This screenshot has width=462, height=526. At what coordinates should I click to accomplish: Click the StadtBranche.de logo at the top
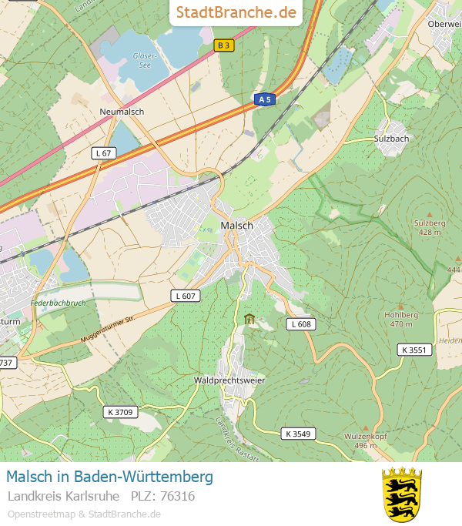pyautogui.click(x=236, y=12)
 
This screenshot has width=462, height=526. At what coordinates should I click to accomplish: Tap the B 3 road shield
pyautogui.click(x=223, y=45)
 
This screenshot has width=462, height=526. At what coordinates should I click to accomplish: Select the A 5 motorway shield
pyautogui.click(x=265, y=99)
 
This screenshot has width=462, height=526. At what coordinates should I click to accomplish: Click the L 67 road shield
pyautogui.click(x=103, y=153)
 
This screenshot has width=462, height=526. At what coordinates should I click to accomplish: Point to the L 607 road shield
pyautogui.click(x=186, y=296)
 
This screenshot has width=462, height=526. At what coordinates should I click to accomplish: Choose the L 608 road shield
pyautogui.click(x=301, y=324)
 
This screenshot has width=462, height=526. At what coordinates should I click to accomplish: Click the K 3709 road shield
pyautogui.click(x=119, y=412)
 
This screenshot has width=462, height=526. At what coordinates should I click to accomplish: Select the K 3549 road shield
pyautogui.click(x=297, y=434)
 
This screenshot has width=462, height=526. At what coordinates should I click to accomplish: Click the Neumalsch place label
pyautogui.click(x=122, y=112)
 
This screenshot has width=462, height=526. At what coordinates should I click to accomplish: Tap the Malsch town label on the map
pyautogui.click(x=236, y=225)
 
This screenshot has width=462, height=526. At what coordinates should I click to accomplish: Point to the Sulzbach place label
pyautogui.click(x=391, y=139)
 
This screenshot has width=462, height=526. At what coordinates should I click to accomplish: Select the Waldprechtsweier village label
pyautogui.click(x=229, y=380)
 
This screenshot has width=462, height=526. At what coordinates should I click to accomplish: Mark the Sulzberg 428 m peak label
pyautogui.click(x=428, y=226)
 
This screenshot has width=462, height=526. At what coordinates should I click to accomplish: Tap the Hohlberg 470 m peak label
pyautogui.click(x=401, y=319)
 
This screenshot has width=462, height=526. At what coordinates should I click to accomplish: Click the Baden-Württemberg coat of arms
pyautogui.click(x=402, y=494)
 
